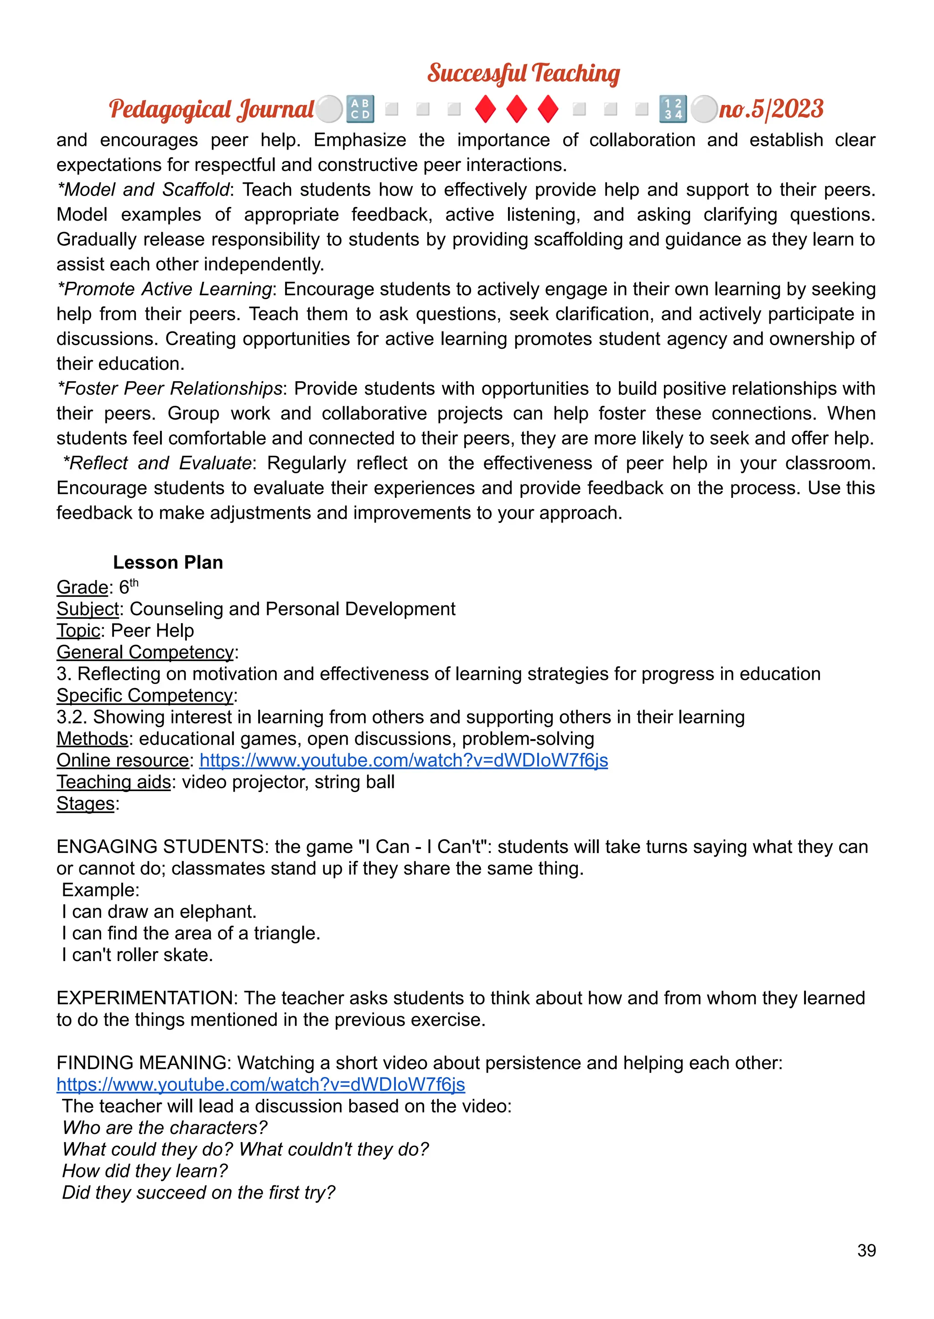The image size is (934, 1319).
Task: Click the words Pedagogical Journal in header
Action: tap(211, 109)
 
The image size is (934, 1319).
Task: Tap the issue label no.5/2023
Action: tap(771, 109)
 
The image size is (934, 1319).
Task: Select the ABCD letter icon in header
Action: tap(360, 109)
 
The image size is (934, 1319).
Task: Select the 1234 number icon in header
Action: tap(672, 109)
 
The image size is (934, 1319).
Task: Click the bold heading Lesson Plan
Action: tap(167, 562)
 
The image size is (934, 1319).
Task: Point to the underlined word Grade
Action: tap(82, 587)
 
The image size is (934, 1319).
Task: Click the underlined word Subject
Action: tap(88, 609)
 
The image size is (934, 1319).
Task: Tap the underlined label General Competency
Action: tap(145, 652)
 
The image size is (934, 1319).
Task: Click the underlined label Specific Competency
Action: tap(145, 695)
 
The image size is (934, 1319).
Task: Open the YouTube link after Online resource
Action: tap(403, 760)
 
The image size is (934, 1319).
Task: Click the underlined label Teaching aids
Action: tap(113, 782)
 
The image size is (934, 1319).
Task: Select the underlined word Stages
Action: tap(85, 803)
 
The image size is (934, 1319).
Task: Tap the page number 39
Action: tap(866, 1251)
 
